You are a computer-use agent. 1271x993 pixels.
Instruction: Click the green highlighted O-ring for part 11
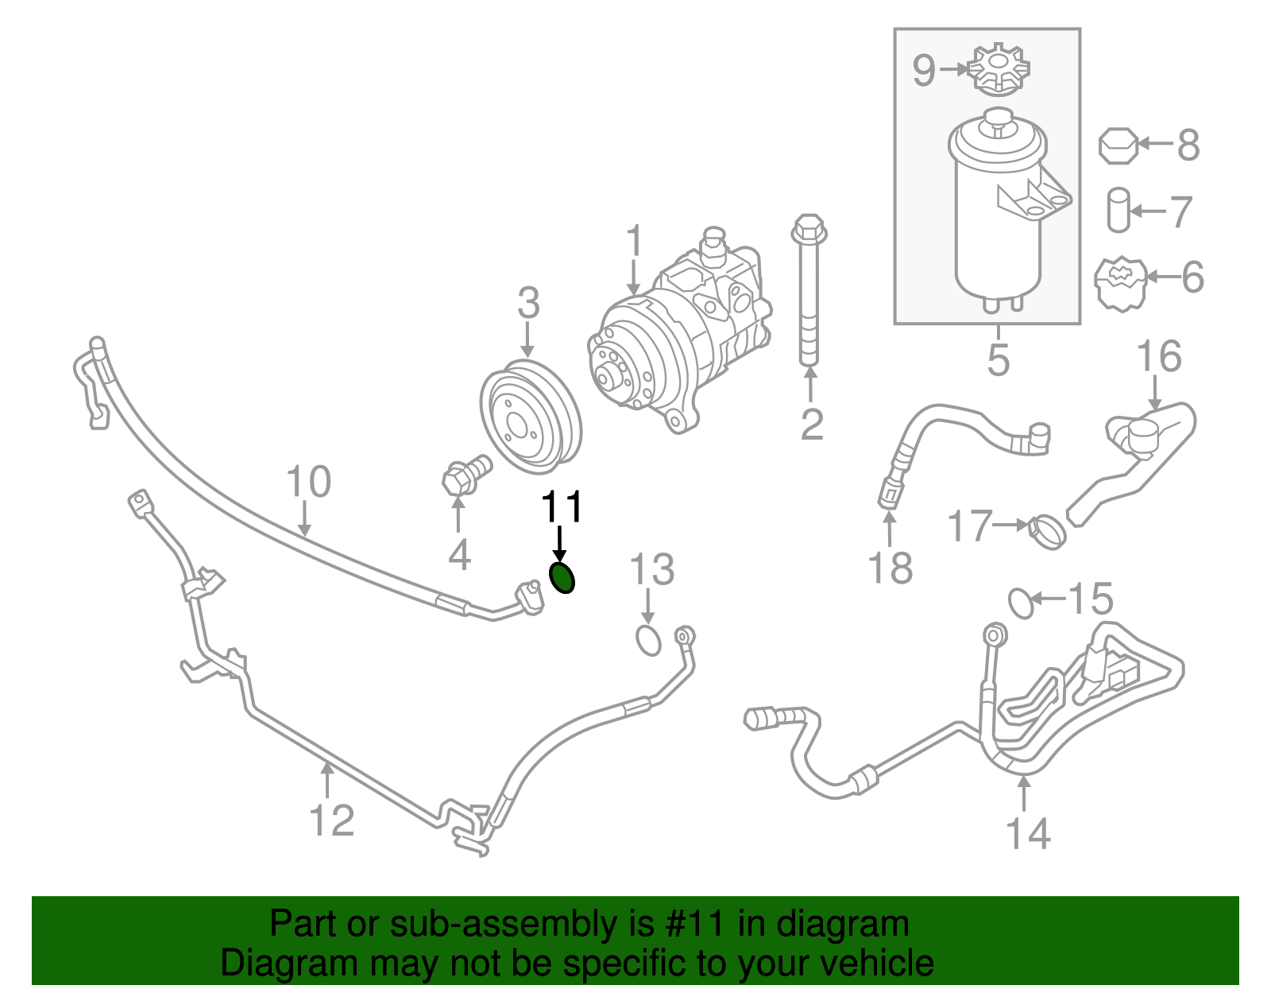click(x=562, y=577)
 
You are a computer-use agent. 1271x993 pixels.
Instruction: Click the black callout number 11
click(x=562, y=507)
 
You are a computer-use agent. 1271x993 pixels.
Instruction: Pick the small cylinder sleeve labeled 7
click(x=1118, y=210)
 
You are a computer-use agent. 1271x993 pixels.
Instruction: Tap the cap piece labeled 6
click(x=1122, y=284)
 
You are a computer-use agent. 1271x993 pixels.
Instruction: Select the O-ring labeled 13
click(x=648, y=641)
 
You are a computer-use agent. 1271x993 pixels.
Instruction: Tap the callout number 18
click(x=890, y=568)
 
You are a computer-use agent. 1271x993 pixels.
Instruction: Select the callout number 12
click(x=330, y=820)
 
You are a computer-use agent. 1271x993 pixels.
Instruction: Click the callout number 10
click(x=308, y=482)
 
